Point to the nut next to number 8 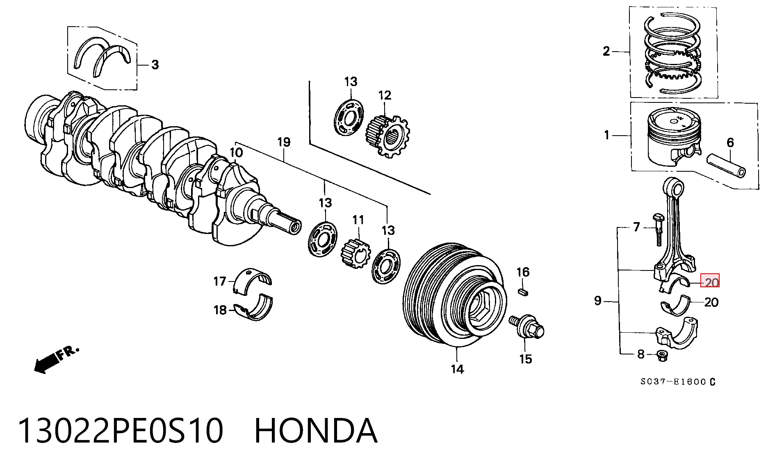[x=661, y=356]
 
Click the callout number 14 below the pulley [x=457, y=369]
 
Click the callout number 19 [x=284, y=142]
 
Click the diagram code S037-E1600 [x=673, y=382]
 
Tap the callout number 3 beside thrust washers [x=155, y=65]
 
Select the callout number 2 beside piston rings [x=606, y=51]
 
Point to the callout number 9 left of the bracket [x=598, y=301]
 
